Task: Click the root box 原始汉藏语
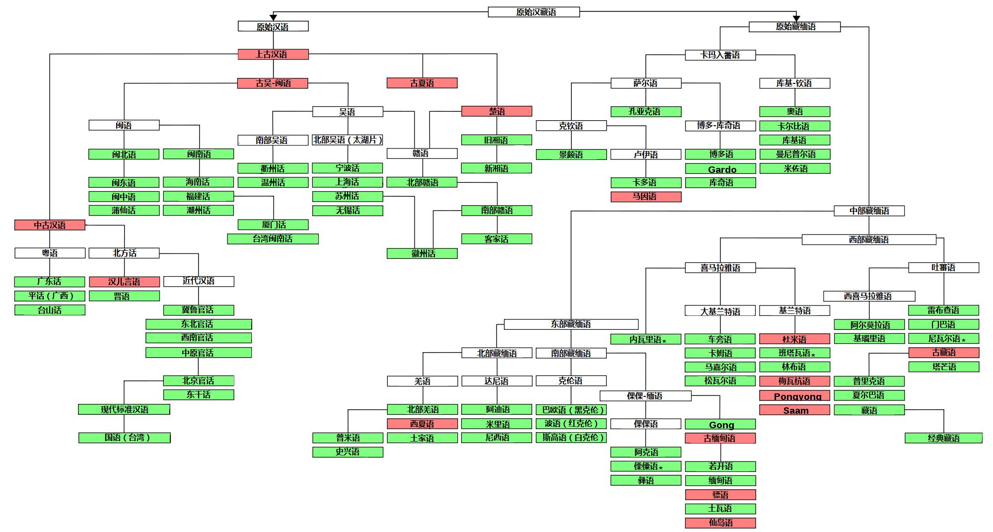(x=534, y=12)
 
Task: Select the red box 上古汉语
(x=273, y=54)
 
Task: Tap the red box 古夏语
(x=422, y=83)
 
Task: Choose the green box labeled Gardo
(x=720, y=169)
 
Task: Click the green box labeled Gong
(x=720, y=424)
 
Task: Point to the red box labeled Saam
(x=794, y=410)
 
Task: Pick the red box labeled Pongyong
(x=794, y=396)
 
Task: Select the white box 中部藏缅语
(x=869, y=211)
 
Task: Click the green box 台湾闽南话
(x=273, y=239)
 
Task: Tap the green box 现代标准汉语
(x=124, y=409)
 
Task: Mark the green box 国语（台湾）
(x=124, y=438)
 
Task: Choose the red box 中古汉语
(x=50, y=225)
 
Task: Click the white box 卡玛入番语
(x=720, y=55)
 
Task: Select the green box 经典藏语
(x=943, y=438)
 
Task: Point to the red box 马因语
(x=646, y=197)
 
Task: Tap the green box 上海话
(x=348, y=182)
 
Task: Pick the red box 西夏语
(x=422, y=424)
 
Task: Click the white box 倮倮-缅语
(x=645, y=396)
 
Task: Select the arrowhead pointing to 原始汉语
(x=273, y=18)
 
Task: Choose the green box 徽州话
(x=422, y=253)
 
